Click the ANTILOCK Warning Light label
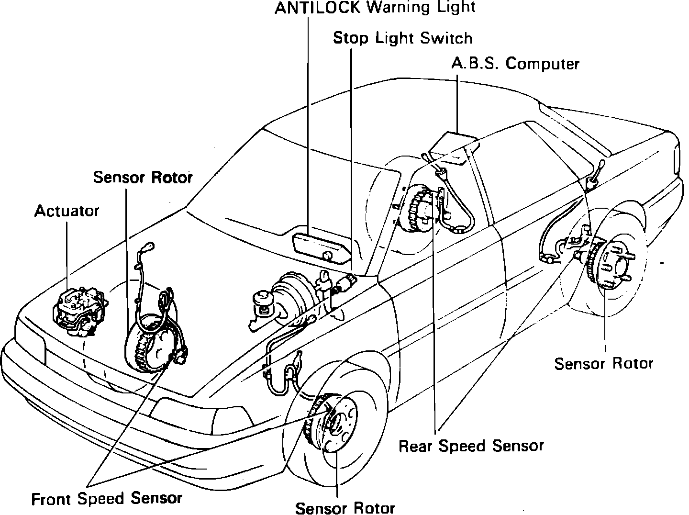[375, 8]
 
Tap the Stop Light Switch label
[402, 38]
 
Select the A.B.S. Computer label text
[515, 64]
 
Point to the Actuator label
[67, 211]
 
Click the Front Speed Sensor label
[107, 499]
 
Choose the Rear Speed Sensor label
[471, 446]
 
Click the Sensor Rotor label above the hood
[143, 177]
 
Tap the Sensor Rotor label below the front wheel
[345, 507]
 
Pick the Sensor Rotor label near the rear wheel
[603, 363]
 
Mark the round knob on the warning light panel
[328, 255]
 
